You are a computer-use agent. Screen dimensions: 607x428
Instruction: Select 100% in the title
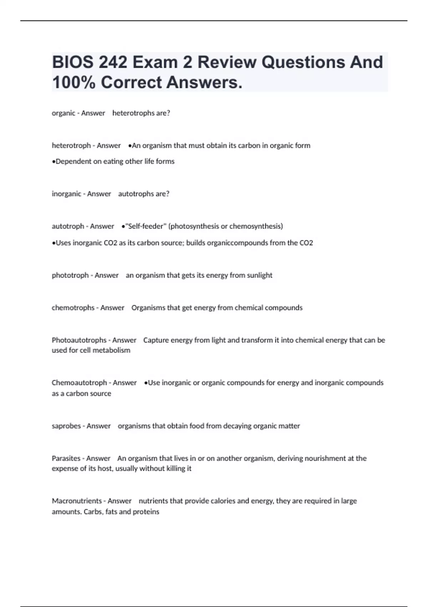click(x=73, y=82)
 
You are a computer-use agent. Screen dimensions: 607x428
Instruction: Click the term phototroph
click(x=70, y=275)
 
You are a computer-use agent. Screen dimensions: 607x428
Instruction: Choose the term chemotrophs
click(x=73, y=308)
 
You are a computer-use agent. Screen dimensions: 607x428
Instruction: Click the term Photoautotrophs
click(x=79, y=340)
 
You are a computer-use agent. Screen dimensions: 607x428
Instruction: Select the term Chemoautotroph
click(x=79, y=383)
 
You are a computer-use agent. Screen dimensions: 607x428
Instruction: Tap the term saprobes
click(x=66, y=426)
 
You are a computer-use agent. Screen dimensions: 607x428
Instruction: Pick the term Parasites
click(x=66, y=458)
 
